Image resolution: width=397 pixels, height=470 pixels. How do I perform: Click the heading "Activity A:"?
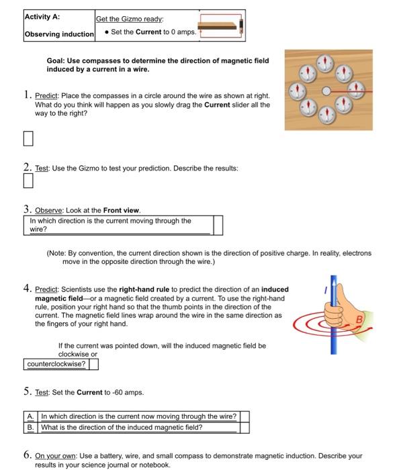pyautogui.click(x=42, y=17)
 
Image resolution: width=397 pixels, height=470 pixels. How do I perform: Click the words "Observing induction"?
pyautogui.click(x=59, y=34)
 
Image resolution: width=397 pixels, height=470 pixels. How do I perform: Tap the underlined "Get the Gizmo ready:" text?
pyautogui.click(x=130, y=19)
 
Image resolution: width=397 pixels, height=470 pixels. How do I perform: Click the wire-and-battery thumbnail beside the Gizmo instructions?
pyautogui.click(x=221, y=26)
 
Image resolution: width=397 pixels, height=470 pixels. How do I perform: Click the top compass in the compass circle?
pyautogui.click(x=324, y=63)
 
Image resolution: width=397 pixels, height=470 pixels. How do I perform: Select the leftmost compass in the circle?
pyautogui.click(x=297, y=91)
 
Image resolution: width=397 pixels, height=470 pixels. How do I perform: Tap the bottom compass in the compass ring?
pyautogui.click(x=326, y=115)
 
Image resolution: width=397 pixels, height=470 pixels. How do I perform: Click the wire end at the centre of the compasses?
pyautogui.click(x=326, y=91)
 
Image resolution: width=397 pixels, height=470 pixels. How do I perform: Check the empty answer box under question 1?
pyautogui.click(x=28, y=138)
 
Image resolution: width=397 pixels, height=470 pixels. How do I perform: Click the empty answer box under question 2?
pyautogui.click(x=28, y=181)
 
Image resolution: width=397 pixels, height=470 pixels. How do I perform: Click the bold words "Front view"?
pyautogui.click(x=121, y=210)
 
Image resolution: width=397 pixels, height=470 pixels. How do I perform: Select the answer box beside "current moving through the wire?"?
pyautogui.click(x=218, y=225)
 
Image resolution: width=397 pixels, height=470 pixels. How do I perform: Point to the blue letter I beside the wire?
pyautogui.click(x=325, y=290)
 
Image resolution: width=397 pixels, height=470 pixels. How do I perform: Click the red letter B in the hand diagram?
pyautogui.click(x=359, y=320)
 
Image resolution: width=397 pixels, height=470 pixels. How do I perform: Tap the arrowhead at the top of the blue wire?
pyautogui.click(x=333, y=281)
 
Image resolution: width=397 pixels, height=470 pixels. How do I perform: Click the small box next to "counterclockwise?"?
pyautogui.click(x=93, y=364)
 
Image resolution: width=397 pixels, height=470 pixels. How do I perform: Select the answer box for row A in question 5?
pyautogui.click(x=245, y=417)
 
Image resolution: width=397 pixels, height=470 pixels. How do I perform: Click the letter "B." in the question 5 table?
pyautogui.click(x=31, y=428)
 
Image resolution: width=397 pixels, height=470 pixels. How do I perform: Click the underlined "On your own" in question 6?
pyautogui.click(x=55, y=456)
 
